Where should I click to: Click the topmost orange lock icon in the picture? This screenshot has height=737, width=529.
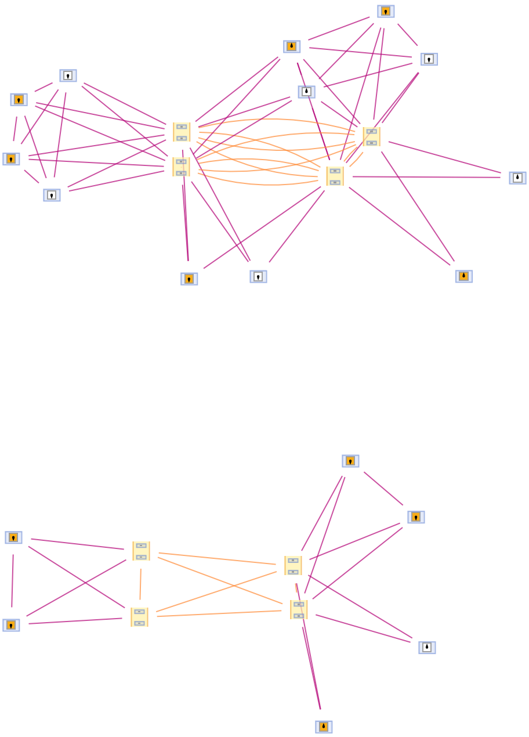(386, 12)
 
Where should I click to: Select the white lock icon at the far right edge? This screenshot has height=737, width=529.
(517, 178)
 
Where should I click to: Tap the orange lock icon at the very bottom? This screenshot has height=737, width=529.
(324, 727)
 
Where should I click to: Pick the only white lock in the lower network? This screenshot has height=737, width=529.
(427, 648)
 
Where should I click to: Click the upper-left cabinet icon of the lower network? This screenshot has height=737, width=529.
(141, 551)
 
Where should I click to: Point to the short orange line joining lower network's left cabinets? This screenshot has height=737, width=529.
(140, 584)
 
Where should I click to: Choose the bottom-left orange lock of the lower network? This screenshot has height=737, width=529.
(11, 625)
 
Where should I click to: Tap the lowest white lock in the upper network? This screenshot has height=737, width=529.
(258, 276)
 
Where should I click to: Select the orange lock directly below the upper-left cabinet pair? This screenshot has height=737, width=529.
(189, 279)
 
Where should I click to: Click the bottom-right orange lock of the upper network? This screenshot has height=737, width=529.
(463, 276)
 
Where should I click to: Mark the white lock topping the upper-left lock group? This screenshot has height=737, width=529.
(68, 75)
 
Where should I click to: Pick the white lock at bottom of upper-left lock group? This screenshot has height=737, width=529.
(52, 195)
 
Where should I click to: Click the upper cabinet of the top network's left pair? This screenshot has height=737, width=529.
(182, 132)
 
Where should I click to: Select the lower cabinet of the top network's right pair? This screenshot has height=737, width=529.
(335, 176)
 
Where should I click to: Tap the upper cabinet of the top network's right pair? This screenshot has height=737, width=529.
(371, 136)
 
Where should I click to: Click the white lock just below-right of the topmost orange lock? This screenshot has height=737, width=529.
(429, 59)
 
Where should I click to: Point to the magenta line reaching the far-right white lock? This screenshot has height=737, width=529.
(441, 177)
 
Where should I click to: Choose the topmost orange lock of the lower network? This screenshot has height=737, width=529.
(350, 461)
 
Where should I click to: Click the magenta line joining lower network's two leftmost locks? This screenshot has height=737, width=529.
(12, 580)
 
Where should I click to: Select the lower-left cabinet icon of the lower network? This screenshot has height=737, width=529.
(139, 617)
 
